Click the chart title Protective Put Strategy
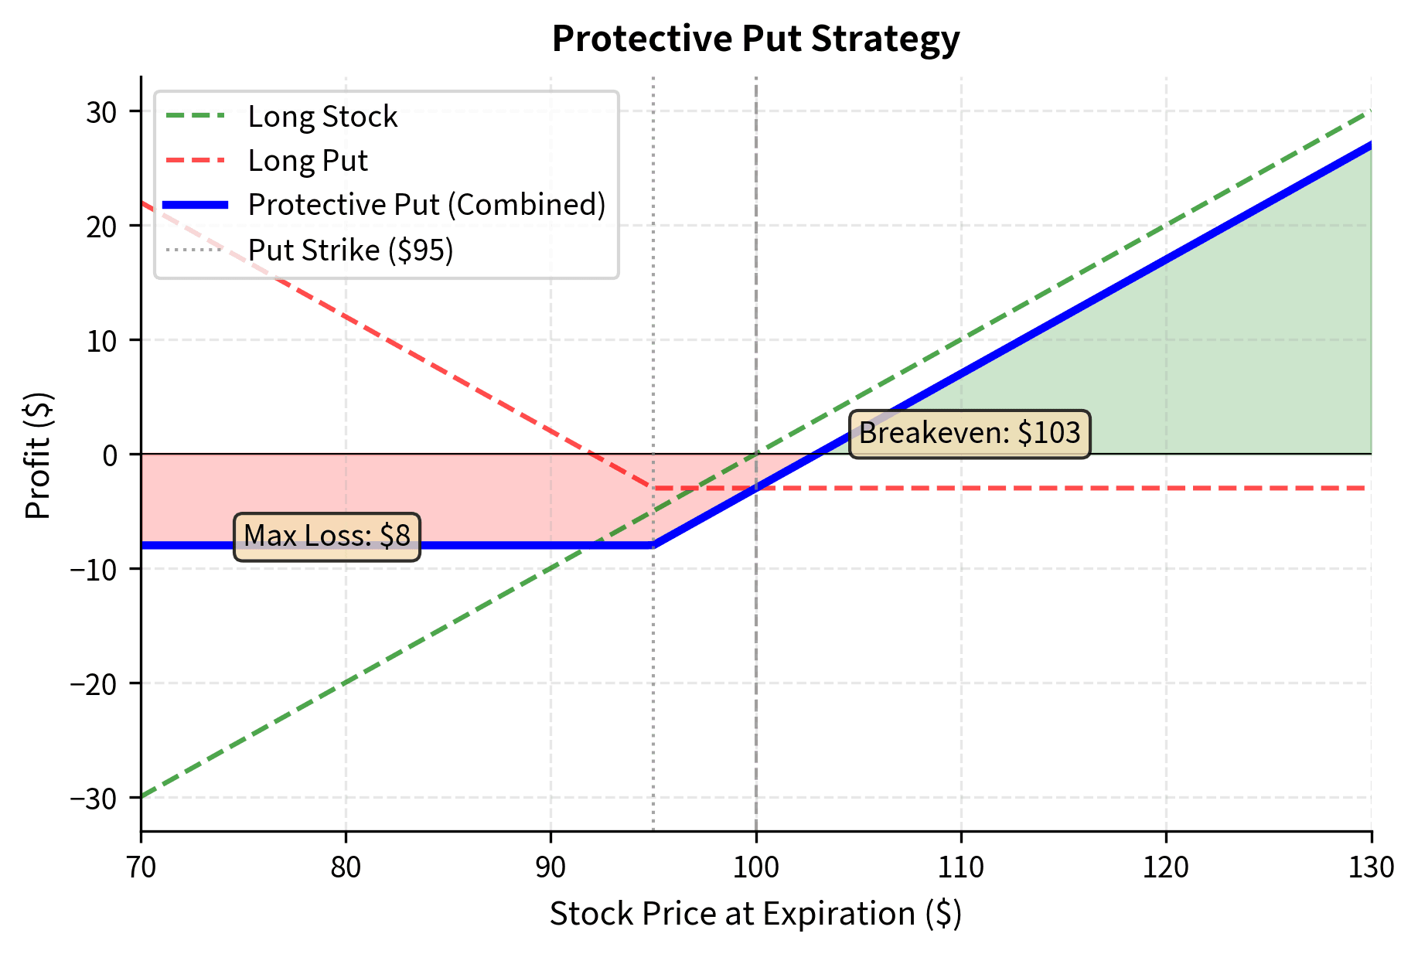coord(755,39)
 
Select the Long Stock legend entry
coord(322,117)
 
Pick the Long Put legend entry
coord(308,161)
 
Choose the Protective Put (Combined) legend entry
coord(427,205)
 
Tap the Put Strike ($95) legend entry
coord(350,250)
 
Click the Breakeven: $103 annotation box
coord(970,434)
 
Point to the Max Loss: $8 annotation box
coord(327,536)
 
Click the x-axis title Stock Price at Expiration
coord(755,914)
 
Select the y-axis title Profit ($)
coord(39,455)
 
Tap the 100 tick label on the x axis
coord(755,868)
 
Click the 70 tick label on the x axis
coord(141,868)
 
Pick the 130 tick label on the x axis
coord(1371,868)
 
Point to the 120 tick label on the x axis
coord(1166,868)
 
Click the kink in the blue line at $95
coord(653,546)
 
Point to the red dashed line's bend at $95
coord(653,488)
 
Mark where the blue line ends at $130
coord(1371,145)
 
